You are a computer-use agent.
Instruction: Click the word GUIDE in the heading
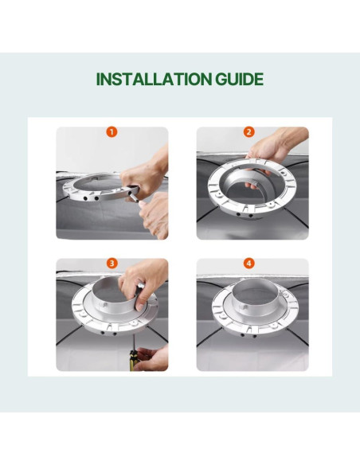point(239,79)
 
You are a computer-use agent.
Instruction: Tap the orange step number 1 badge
point(112,132)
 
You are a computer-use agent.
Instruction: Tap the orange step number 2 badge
point(248,132)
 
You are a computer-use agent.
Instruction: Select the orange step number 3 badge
point(112,263)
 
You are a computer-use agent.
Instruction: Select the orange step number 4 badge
point(248,263)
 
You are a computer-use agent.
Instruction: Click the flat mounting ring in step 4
point(221,315)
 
